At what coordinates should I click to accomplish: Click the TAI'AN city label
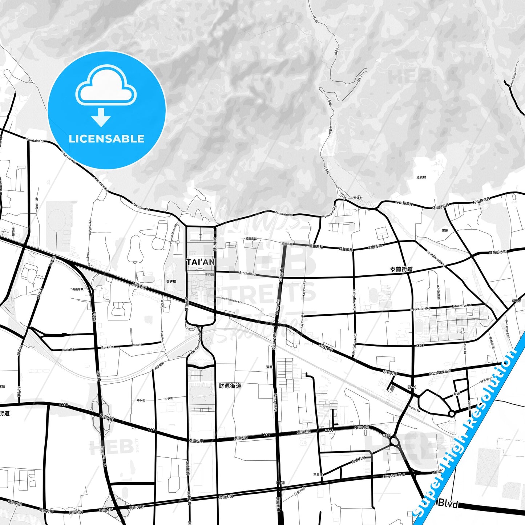[x=200, y=262]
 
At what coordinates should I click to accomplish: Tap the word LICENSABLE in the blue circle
[x=106, y=139]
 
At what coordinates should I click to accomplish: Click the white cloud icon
[x=106, y=86]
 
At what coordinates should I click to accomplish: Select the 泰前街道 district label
[x=401, y=269]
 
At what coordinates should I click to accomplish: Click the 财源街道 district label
[x=230, y=385]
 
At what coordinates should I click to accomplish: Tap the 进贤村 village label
[x=421, y=177]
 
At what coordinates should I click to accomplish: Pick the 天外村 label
[x=358, y=198]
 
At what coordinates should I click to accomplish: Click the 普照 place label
[x=445, y=230]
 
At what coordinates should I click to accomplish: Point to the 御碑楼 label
[x=171, y=281]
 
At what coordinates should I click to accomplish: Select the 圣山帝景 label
[x=78, y=289]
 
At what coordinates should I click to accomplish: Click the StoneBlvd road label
[x=247, y=273]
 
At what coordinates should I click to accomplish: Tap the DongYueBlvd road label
[x=440, y=371]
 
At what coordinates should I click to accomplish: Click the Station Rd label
[x=414, y=408]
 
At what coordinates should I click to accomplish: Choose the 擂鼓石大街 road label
[x=498, y=252]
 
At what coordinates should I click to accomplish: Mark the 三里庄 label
[x=318, y=474]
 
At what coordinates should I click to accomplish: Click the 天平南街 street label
[x=159, y=365]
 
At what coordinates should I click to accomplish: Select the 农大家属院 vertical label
[x=439, y=292]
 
